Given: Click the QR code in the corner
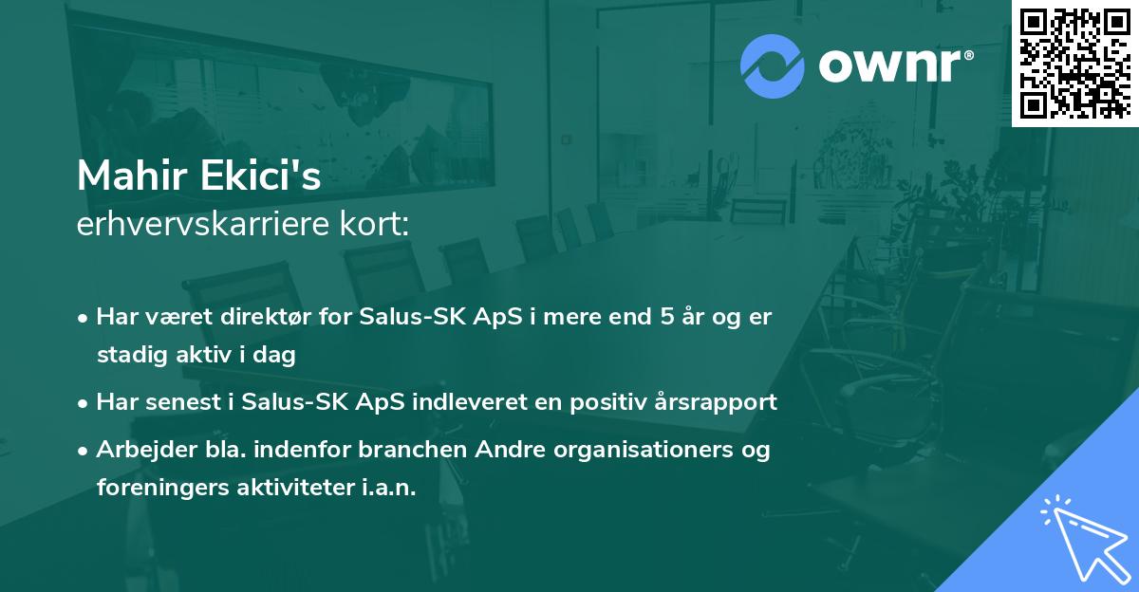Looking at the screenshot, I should point(1074,63).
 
